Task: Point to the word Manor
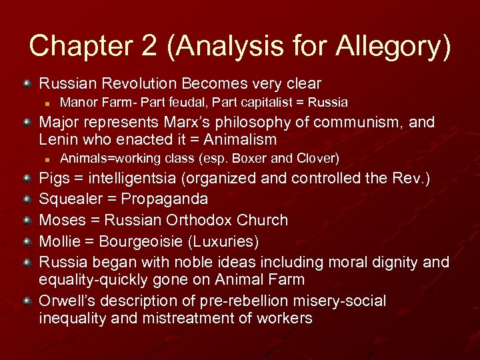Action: coord(77,103)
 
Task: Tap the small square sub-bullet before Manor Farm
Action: coord(47,103)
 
